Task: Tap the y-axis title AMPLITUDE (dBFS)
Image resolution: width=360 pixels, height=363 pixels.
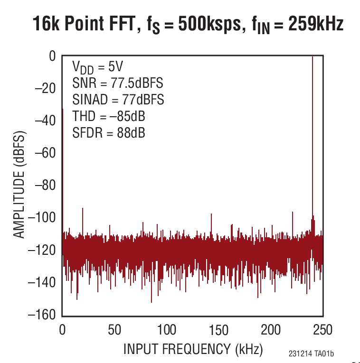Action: tap(19, 186)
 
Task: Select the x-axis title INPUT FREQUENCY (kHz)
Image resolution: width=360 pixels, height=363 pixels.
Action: tap(193, 350)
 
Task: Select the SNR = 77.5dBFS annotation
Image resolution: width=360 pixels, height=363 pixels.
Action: tap(118, 84)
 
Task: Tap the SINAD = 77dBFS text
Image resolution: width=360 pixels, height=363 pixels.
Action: tap(118, 100)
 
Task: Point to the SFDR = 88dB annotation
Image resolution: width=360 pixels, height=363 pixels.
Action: tap(109, 133)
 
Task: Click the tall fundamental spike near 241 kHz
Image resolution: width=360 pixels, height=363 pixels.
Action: tap(313, 142)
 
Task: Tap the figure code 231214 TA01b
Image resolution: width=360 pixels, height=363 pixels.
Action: tap(311, 354)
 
